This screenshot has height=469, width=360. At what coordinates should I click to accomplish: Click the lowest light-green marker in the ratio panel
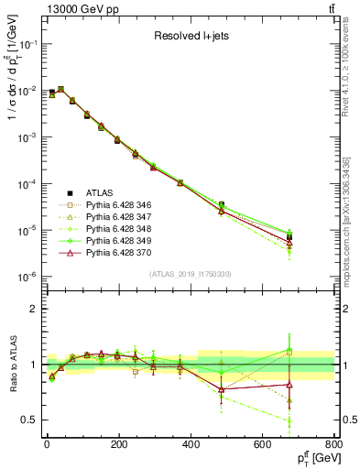tap(316, 421)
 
